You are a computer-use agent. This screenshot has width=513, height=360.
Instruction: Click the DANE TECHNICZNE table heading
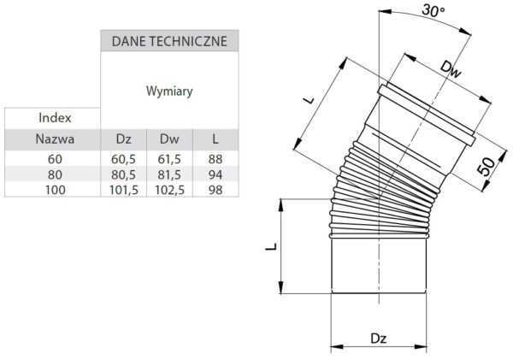point(169,40)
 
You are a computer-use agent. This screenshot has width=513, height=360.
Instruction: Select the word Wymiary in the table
point(169,89)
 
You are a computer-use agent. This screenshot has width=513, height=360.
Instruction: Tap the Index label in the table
point(55,117)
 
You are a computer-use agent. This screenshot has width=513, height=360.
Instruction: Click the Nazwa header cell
point(55,139)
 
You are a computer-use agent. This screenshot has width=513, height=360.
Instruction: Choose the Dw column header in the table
point(169,139)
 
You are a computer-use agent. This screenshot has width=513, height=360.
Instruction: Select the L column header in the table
point(215,139)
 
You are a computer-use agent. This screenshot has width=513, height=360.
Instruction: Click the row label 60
point(55,159)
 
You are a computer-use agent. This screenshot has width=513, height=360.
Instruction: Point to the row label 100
point(55,189)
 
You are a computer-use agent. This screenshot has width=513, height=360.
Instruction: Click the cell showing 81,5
point(169,174)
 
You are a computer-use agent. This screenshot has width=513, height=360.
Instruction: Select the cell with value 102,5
point(169,189)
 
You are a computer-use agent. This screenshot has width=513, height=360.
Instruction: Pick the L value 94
point(215,174)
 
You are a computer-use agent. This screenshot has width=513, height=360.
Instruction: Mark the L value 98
point(215,189)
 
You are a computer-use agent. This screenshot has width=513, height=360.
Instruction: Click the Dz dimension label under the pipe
point(379,338)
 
